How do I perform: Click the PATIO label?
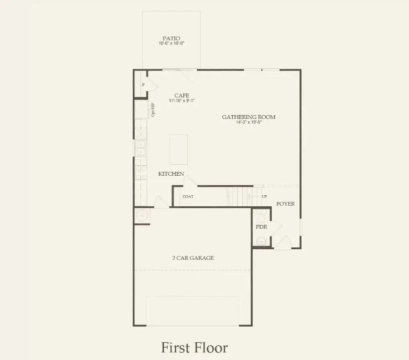pos(172,38)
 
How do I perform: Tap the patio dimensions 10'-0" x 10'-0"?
pos(172,43)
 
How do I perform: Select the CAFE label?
pos(182,95)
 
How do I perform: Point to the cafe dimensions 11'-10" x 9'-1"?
pos(182,101)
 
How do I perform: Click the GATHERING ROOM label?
pos(248,117)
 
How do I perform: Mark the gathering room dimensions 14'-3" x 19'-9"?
pos(248,122)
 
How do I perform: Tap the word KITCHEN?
pos(171,174)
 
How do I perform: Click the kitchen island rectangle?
pos(179,149)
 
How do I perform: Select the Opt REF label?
pos(153,110)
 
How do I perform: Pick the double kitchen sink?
pos(140,148)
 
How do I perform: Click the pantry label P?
pos(143,85)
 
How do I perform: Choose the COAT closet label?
pos(188,197)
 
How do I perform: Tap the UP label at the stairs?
pos(264,197)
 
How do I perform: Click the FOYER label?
pos(286,204)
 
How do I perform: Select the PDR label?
pos(261,227)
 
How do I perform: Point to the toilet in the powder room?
pos(260,214)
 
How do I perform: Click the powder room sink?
pos(261,242)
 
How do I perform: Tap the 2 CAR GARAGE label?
pos(193,258)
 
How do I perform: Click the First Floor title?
pos(194,347)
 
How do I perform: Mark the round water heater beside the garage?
pos(142,216)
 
